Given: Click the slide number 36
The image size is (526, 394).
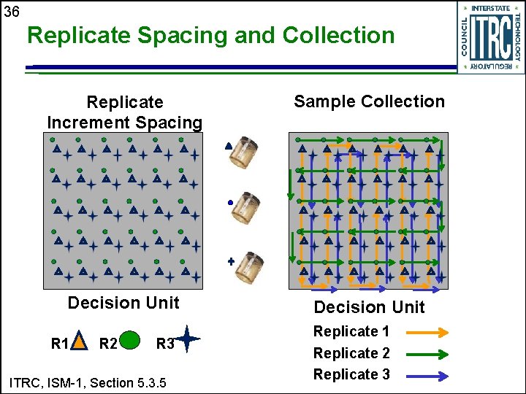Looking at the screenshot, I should pos(11,12).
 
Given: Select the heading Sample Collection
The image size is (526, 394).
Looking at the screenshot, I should pos(369,101).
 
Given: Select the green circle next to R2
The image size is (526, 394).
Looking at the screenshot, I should pos(129,340).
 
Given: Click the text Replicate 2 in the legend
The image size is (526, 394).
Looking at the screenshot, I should pos(351,353).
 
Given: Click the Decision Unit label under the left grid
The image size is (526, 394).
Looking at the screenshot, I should pos(123,303).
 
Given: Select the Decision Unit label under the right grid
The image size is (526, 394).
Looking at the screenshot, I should pos(369,307).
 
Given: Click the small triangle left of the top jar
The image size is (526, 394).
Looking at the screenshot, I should pos(229,146).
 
